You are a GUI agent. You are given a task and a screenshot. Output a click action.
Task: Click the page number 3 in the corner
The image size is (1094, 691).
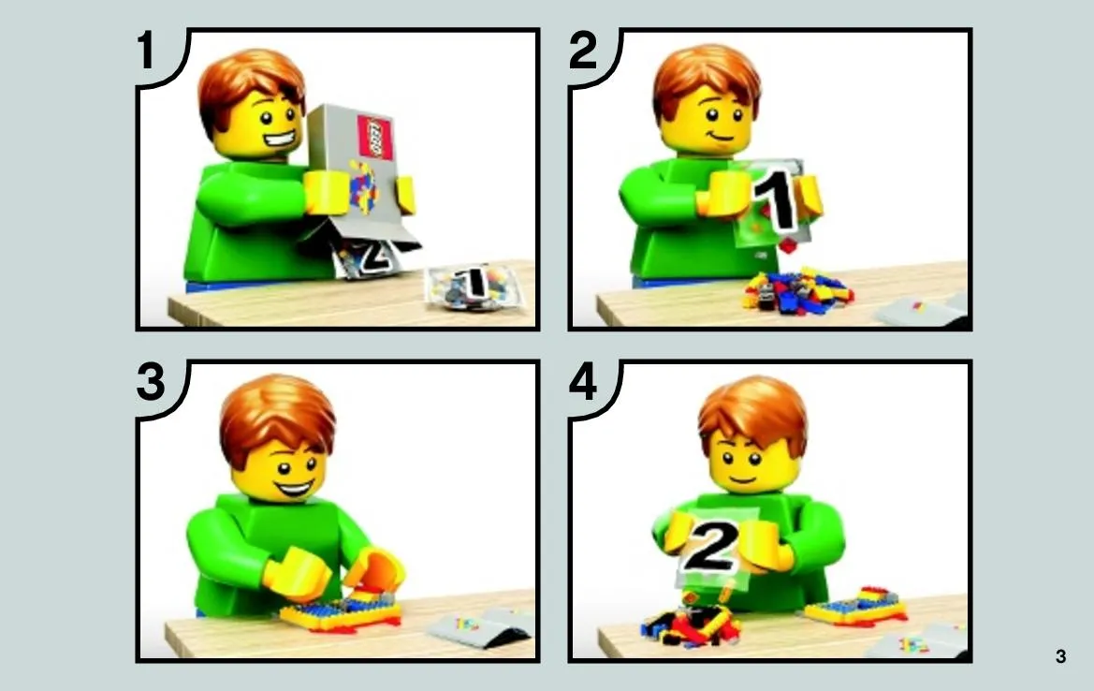1060,656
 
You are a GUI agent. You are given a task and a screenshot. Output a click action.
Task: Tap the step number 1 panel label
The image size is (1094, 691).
146,51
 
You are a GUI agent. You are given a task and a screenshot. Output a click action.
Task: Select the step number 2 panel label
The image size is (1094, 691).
583,51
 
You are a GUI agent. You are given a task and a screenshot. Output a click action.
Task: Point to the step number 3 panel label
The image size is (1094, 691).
151,382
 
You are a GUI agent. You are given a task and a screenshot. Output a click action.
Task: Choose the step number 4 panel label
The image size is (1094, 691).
583,382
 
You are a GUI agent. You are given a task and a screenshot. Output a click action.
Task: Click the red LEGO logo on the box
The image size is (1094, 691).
374,137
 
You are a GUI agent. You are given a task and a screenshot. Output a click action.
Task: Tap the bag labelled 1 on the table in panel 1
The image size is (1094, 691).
473,287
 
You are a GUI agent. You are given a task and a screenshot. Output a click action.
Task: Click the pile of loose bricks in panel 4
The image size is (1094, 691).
690,623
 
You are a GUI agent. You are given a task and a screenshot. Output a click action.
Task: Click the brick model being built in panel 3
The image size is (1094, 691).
341,613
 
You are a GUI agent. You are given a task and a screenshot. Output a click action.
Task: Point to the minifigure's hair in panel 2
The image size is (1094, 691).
705,81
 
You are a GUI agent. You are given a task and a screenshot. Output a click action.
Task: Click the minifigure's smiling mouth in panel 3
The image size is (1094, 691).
295,487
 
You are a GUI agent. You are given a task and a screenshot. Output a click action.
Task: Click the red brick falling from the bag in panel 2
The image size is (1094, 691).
787,245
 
